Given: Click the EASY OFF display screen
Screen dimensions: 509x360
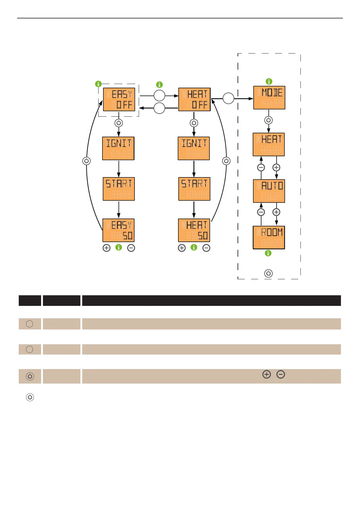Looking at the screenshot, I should pos(119,99).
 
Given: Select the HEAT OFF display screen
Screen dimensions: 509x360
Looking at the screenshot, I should pos(194,99).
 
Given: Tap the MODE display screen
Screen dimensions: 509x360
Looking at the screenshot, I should pos(269,98).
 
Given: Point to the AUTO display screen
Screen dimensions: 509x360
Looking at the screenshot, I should pos(269,191).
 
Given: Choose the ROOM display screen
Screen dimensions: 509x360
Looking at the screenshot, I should pos(269,238).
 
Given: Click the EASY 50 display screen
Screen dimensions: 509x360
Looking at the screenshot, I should pos(118,230).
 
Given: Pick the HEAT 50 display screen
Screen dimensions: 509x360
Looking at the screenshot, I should pos(194,230).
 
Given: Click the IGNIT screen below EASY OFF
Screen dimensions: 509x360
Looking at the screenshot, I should pos(118,148).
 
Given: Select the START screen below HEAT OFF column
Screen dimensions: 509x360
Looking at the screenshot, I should pos(194,189).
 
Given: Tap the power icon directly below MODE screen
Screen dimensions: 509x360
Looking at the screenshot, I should pos(268,120).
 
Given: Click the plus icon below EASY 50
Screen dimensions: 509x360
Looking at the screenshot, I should pos(106,248).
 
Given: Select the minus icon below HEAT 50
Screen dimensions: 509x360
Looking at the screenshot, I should pos(206,248).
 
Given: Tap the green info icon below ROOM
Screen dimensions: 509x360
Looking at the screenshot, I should pos(268,253).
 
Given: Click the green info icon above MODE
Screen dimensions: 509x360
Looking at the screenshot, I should pos(269,81).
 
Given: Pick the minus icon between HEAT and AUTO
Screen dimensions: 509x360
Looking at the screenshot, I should pos(261,167).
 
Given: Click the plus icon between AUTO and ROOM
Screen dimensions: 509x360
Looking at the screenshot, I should pos(276,212).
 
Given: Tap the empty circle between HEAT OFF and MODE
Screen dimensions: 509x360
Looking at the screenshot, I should pos(229,99).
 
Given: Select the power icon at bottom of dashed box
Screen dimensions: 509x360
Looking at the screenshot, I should pos(268,274).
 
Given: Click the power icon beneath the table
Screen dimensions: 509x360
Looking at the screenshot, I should pos(30,397).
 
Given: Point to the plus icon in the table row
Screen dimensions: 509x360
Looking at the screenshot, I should pos(267,375).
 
